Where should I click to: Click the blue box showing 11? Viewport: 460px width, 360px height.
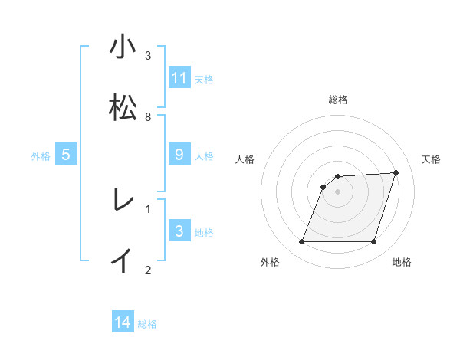pos(179,78)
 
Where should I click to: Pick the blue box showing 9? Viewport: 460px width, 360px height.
pos(179,155)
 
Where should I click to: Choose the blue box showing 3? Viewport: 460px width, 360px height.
pos(179,231)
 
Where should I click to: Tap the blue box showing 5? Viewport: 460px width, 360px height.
pos(66,155)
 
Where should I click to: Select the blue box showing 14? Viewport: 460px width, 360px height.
pos(123,322)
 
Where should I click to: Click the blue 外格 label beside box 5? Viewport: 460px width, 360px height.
pos(41,156)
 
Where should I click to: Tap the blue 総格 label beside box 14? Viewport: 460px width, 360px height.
pos(147,324)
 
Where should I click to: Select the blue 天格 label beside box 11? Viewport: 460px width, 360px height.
pos(204,80)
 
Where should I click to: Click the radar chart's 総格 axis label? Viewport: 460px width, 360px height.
pos(338,100)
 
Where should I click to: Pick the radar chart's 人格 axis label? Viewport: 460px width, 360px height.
pos(245,159)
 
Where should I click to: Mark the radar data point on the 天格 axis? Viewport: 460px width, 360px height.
pos(396,172)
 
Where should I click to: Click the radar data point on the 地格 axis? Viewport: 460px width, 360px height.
pos(374,242)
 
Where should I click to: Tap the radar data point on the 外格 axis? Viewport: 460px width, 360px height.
pos(301,242)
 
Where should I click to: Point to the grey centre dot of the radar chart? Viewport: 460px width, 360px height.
pos(338,191)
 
